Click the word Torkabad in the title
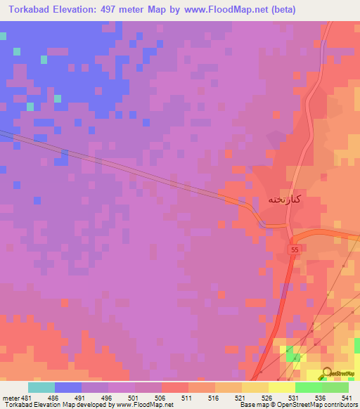pos(34,10)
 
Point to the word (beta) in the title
pos(281,10)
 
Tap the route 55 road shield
pos(294,250)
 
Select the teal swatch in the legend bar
pos(41,387)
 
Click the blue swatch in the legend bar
pos(68,387)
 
